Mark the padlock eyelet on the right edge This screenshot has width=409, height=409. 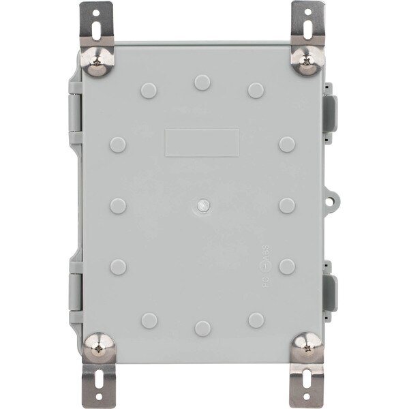(x=333, y=200)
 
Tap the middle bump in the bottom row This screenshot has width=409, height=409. (x=202, y=328)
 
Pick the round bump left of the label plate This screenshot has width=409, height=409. (x=117, y=144)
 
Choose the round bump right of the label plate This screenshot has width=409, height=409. (x=287, y=144)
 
